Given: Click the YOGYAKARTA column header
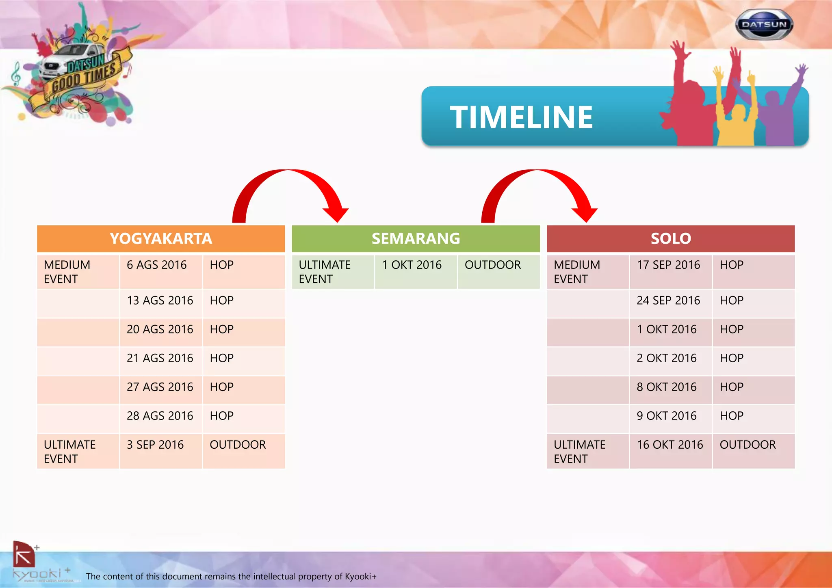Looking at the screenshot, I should [x=161, y=239].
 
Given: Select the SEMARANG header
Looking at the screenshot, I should [x=416, y=239].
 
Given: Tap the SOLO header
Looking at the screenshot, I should [x=671, y=239].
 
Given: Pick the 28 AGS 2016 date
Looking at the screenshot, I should [x=160, y=416].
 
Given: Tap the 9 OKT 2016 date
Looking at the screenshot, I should [x=666, y=416].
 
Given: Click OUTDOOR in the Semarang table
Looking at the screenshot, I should [x=492, y=265].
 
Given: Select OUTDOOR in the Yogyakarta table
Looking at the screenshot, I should [x=238, y=445].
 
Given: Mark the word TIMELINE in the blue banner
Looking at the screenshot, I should [x=521, y=118].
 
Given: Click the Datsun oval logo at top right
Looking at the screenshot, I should [x=764, y=25].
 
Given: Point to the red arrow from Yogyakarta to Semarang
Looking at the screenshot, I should [x=290, y=191].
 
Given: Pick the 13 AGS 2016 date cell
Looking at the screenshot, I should [x=160, y=300].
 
